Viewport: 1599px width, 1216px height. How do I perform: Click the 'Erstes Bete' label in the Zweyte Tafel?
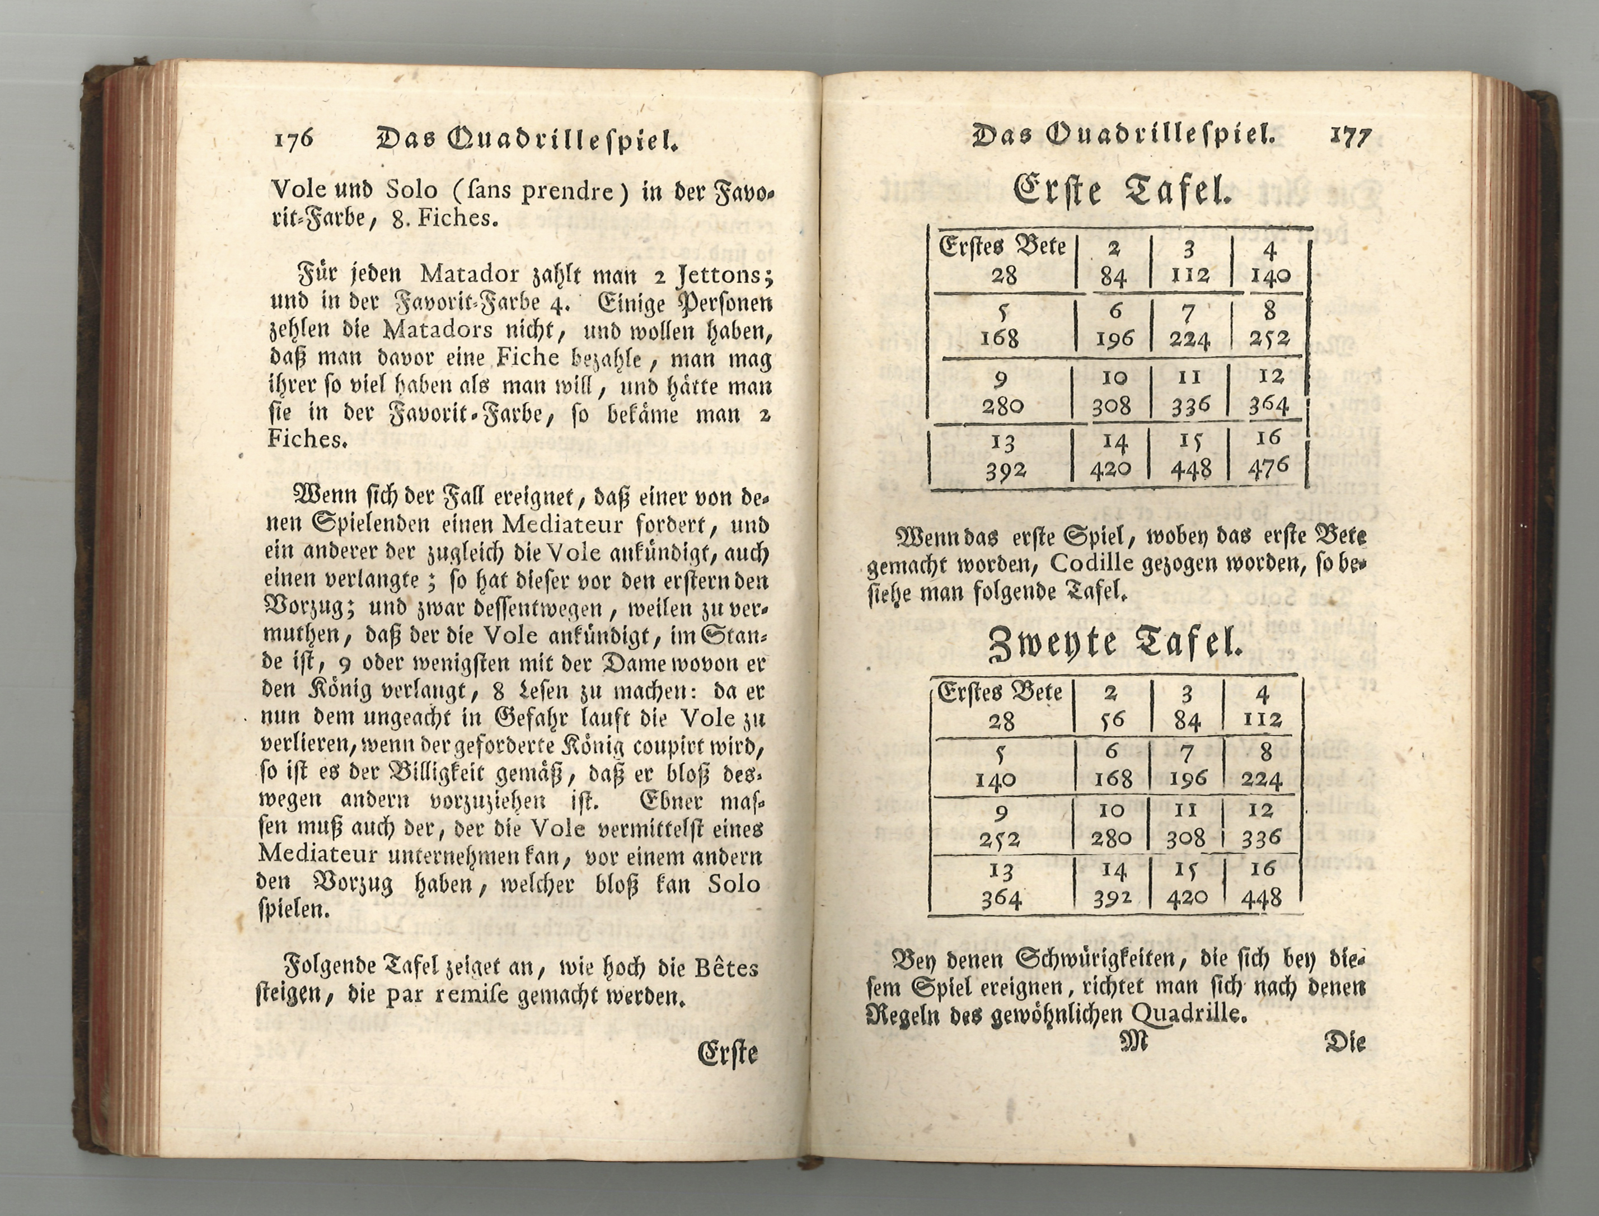[999, 693]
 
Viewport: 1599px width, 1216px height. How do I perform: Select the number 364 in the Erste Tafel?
[1268, 405]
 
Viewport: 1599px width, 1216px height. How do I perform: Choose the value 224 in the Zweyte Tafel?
[1262, 779]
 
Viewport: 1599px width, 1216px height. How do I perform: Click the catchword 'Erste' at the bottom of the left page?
[727, 1053]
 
